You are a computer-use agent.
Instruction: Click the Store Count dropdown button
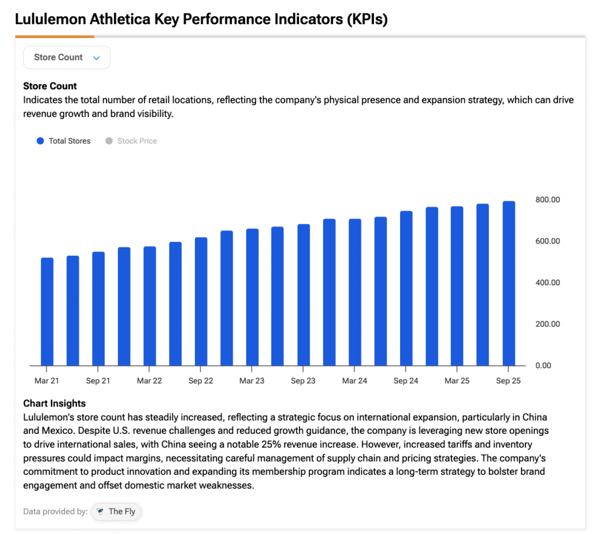(66, 57)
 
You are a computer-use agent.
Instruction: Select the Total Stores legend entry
(64, 141)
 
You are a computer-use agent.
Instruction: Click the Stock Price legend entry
(131, 141)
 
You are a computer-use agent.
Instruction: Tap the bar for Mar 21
(47, 312)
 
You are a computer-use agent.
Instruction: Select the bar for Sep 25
(509, 283)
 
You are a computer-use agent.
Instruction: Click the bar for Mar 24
(355, 293)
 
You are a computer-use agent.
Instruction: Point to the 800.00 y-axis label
(547, 200)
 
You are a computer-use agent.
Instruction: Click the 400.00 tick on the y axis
(547, 282)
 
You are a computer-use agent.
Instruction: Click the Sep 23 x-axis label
(303, 381)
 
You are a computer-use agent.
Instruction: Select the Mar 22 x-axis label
(149, 381)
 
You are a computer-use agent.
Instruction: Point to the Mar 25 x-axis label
(457, 381)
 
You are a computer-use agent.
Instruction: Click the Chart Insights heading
(54, 403)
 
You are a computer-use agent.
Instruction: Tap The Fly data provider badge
(116, 511)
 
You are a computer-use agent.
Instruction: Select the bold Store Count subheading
(50, 86)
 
